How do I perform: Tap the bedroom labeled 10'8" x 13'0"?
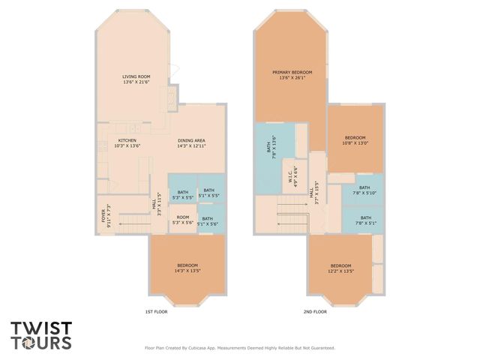click(x=355, y=140)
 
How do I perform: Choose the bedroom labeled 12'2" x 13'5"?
click(x=340, y=268)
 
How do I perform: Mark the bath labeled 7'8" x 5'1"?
click(x=364, y=220)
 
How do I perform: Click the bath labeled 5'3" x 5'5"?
click(x=183, y=195)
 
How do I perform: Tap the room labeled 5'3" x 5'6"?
click(x=183, y=221)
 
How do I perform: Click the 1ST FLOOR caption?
click(x=157, y=311)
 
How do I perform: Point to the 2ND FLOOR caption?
click(x=315, y=311)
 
